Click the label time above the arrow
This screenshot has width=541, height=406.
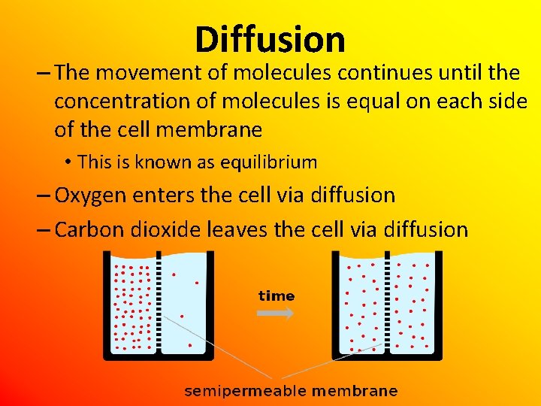pyautogui.click(x=277, y=295)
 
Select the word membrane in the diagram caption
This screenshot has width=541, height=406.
pyautogui.click(x=354, y=391)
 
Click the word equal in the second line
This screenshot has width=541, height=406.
pyautogui.click(x=364, y=101)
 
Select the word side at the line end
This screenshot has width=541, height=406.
pyautogui.click(x=505, y=101)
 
